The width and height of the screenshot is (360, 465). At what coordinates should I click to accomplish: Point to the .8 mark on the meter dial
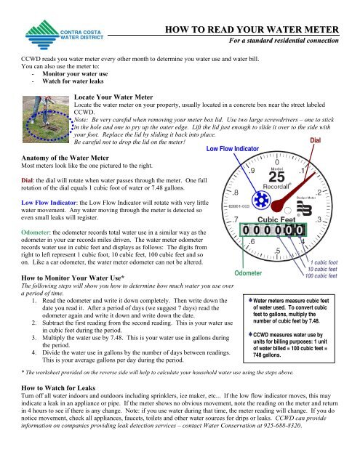click(x=237, y=192)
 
